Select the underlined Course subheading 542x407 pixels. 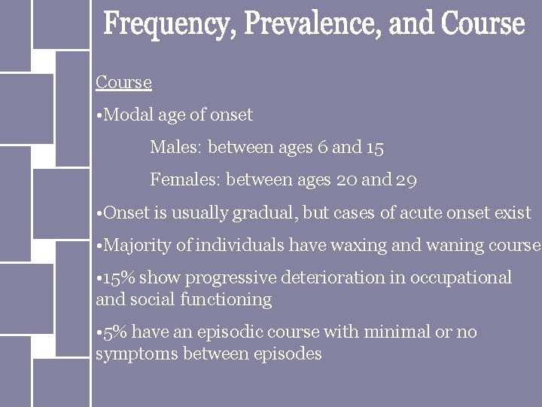tap(123, 81)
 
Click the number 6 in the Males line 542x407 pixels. tap(321, 148)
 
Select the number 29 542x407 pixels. tap(406, 180)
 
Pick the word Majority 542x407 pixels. tap(139, 246)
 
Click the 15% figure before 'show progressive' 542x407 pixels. tap(120, 278)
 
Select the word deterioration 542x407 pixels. tap(327, 278)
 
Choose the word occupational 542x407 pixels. tap(464, 278)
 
